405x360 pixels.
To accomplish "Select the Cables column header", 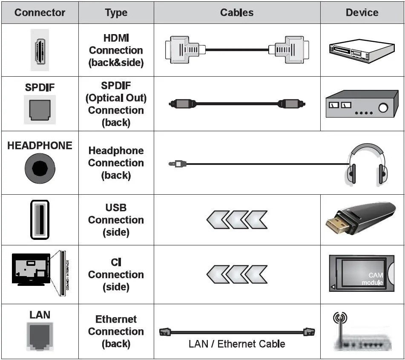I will (x=237, y=12).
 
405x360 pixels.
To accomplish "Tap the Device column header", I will (x=362, y=12).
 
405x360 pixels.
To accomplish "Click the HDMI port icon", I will (x=40, y=50).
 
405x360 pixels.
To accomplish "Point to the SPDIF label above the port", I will (x=40, y=87).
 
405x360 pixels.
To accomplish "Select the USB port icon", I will (x=40, y=219).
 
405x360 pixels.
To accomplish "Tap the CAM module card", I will (x=362, y=274).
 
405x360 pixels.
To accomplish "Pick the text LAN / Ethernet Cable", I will (x=237, y=344).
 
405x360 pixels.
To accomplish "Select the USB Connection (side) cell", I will (x=116, y=220).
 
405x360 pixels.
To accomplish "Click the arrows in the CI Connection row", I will (x=237, y=274).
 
